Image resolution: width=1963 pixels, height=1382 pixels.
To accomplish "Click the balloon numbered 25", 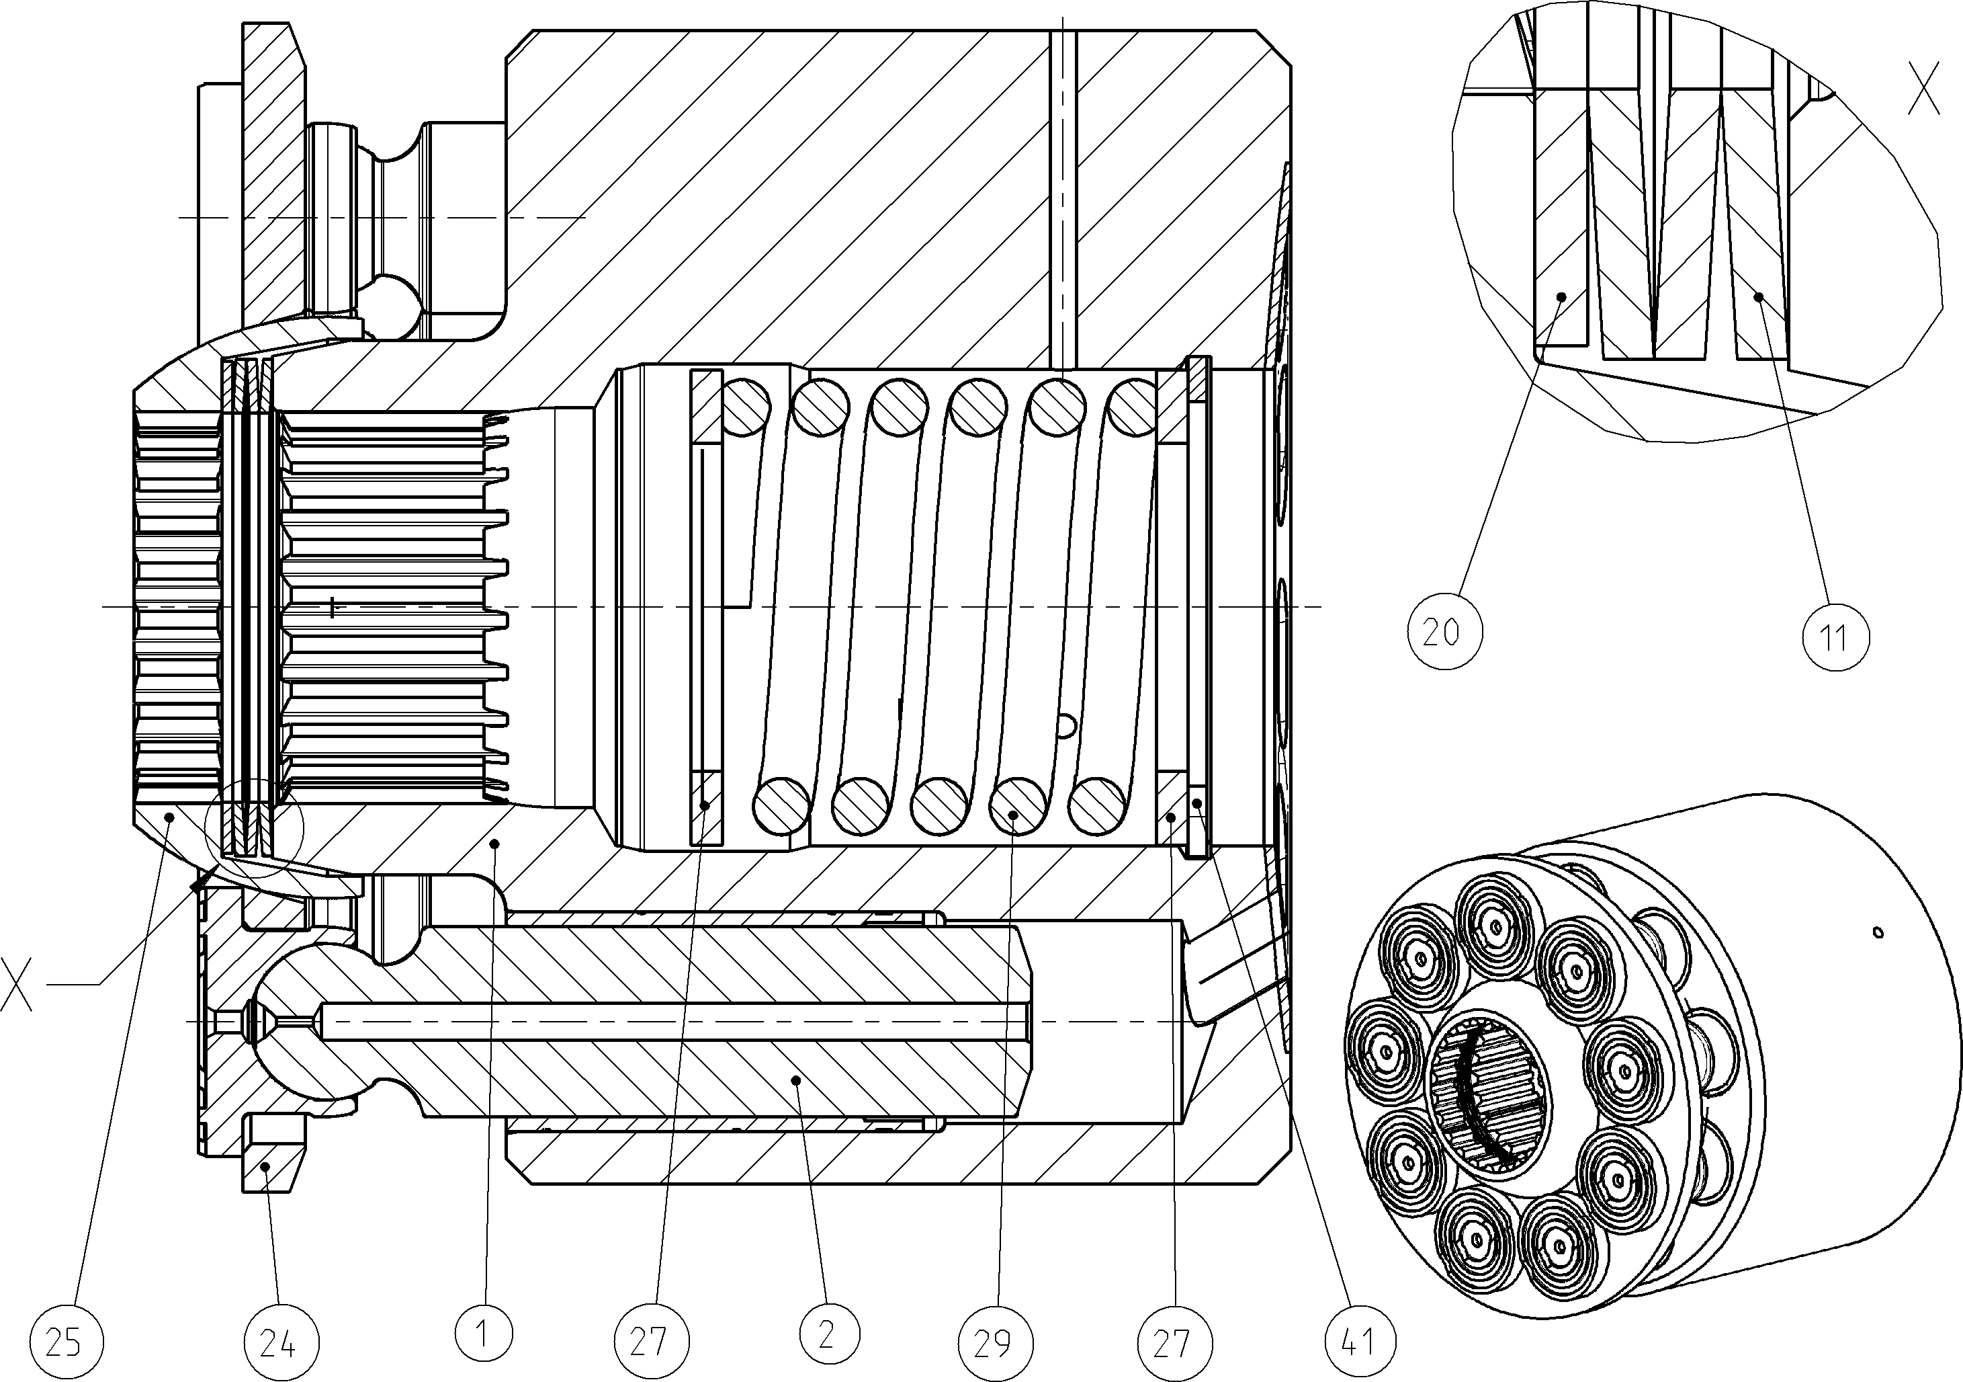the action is point(63,1342).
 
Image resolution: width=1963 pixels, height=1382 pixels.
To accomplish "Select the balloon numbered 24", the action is point(279,1342).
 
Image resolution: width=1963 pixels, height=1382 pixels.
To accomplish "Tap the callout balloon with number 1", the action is point(484,1332).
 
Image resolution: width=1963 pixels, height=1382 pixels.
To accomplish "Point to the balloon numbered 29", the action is point(994,1342).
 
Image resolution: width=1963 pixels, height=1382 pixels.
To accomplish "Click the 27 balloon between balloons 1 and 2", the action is point(652,1342).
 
